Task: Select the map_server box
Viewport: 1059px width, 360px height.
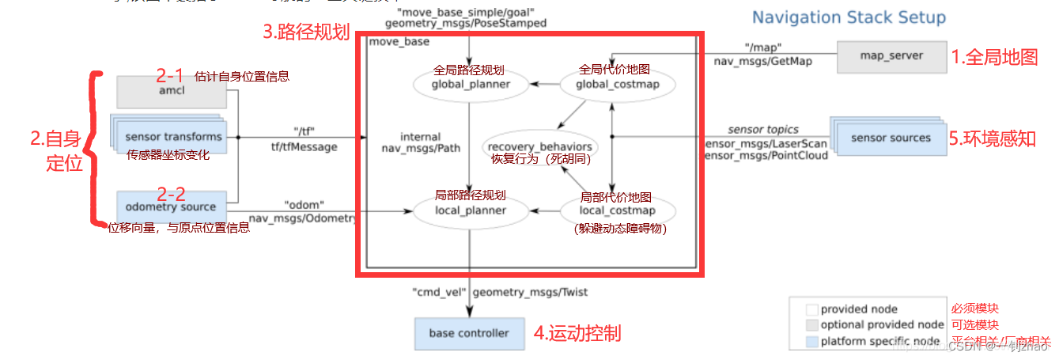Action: [x=891, y=56]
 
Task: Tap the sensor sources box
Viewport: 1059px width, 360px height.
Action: [x=891, y=138]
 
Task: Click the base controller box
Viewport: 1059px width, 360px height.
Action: [x=469, y=333]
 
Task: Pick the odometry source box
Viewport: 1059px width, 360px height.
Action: [x=169, y=207]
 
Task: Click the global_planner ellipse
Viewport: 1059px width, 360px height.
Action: [x=471, y=83]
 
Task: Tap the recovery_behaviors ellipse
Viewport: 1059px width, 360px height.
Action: [x=541, y=147]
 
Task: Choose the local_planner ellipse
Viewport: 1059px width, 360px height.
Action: [x=471, y=210]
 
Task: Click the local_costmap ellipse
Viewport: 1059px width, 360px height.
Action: [x=618, y=210]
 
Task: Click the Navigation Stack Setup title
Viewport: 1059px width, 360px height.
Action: [x=849, y=17]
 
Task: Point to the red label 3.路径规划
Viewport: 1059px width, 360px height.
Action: [x=305, y=33]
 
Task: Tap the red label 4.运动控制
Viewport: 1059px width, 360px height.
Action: [x=577, y=333]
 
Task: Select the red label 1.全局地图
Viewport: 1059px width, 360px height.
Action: [x=994, y=57]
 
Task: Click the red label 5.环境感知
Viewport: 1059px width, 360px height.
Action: [x=993, y=138]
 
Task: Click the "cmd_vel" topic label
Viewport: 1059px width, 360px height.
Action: [x=437, y=292]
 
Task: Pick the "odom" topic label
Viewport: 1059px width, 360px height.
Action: [x=304, y=204]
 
